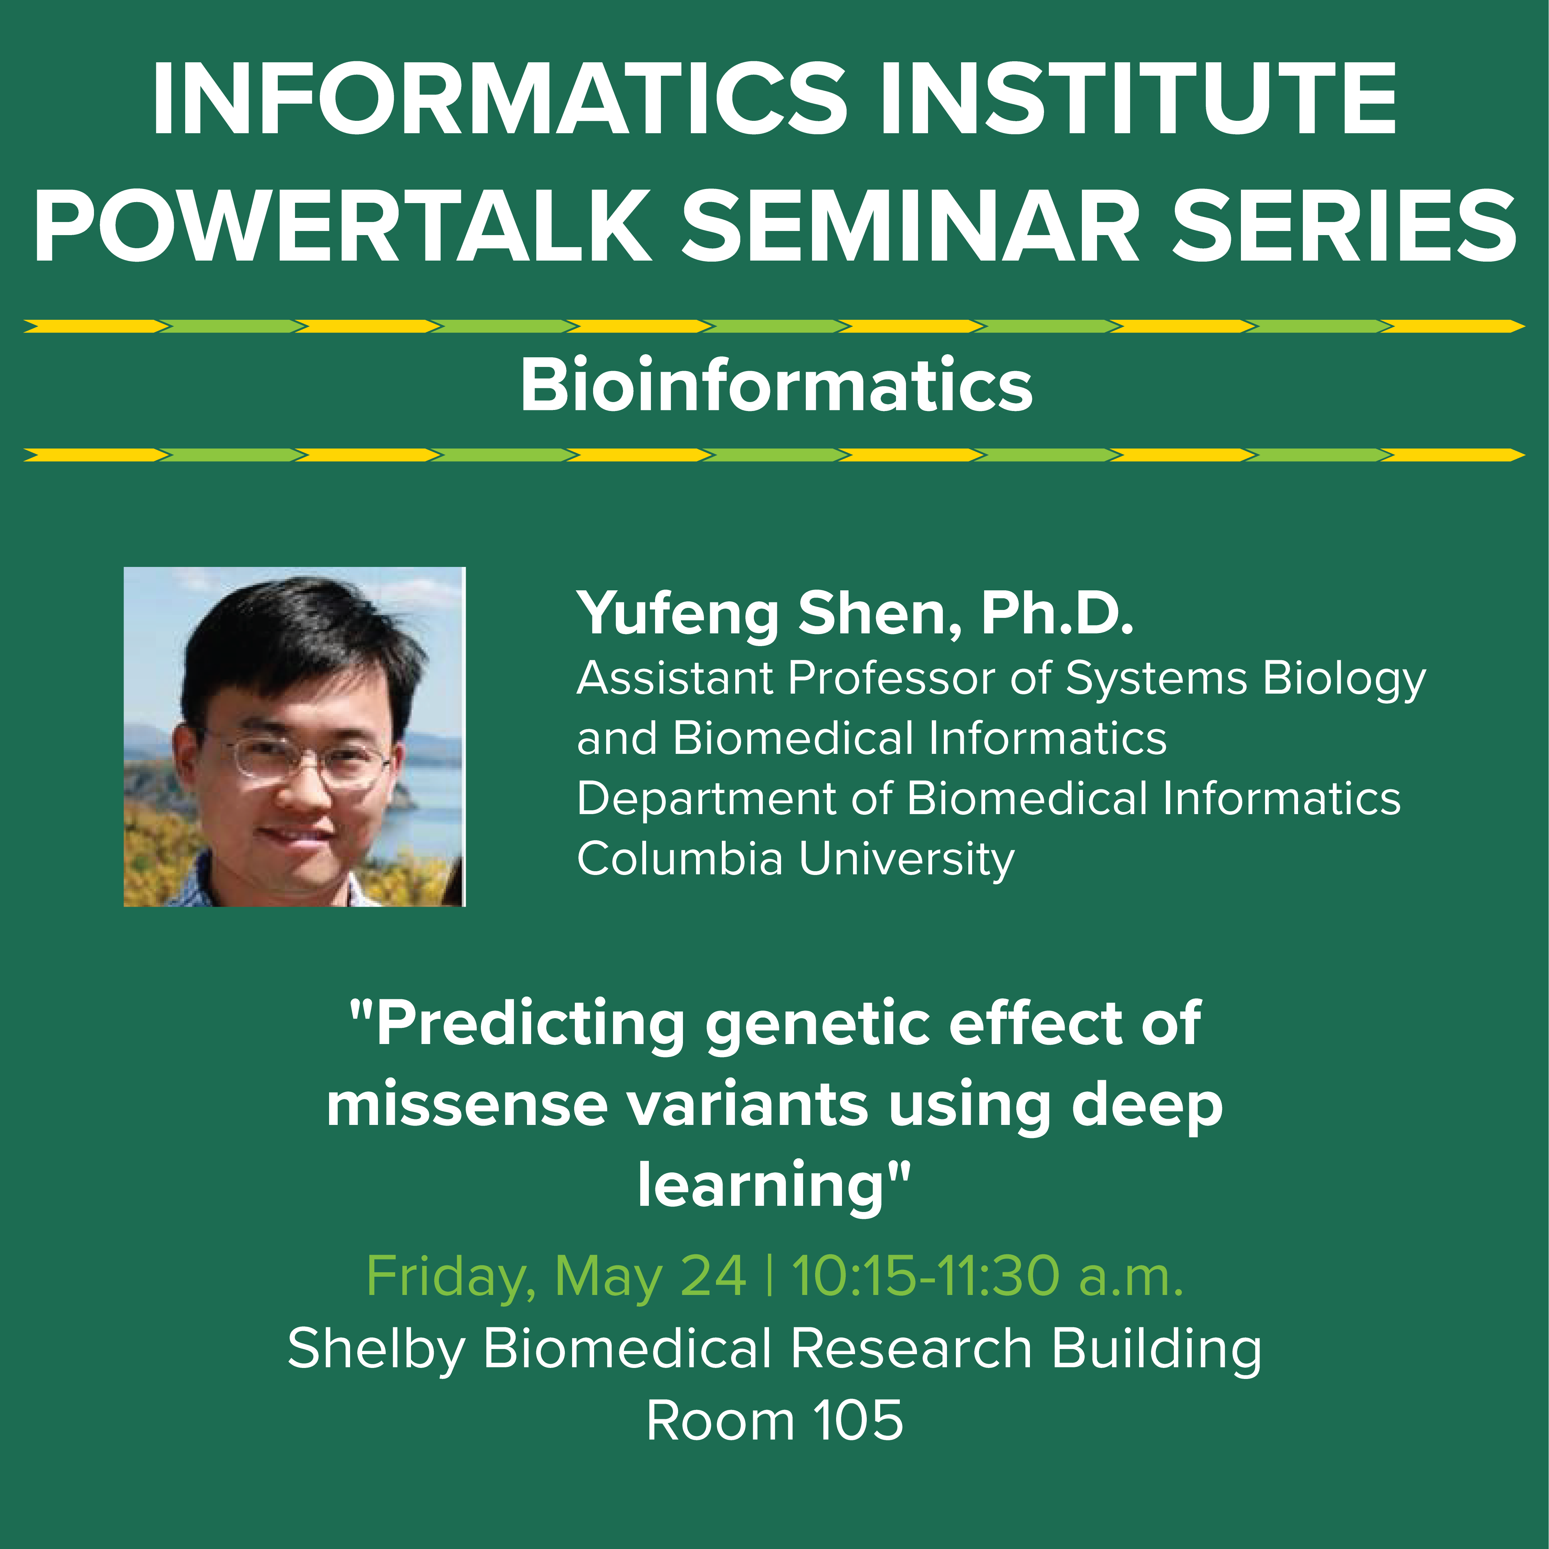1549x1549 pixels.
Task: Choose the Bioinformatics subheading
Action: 776,386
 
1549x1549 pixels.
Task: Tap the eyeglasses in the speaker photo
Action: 309,758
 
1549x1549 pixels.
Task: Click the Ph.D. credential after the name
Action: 1057,613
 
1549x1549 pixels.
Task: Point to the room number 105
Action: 858,1422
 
